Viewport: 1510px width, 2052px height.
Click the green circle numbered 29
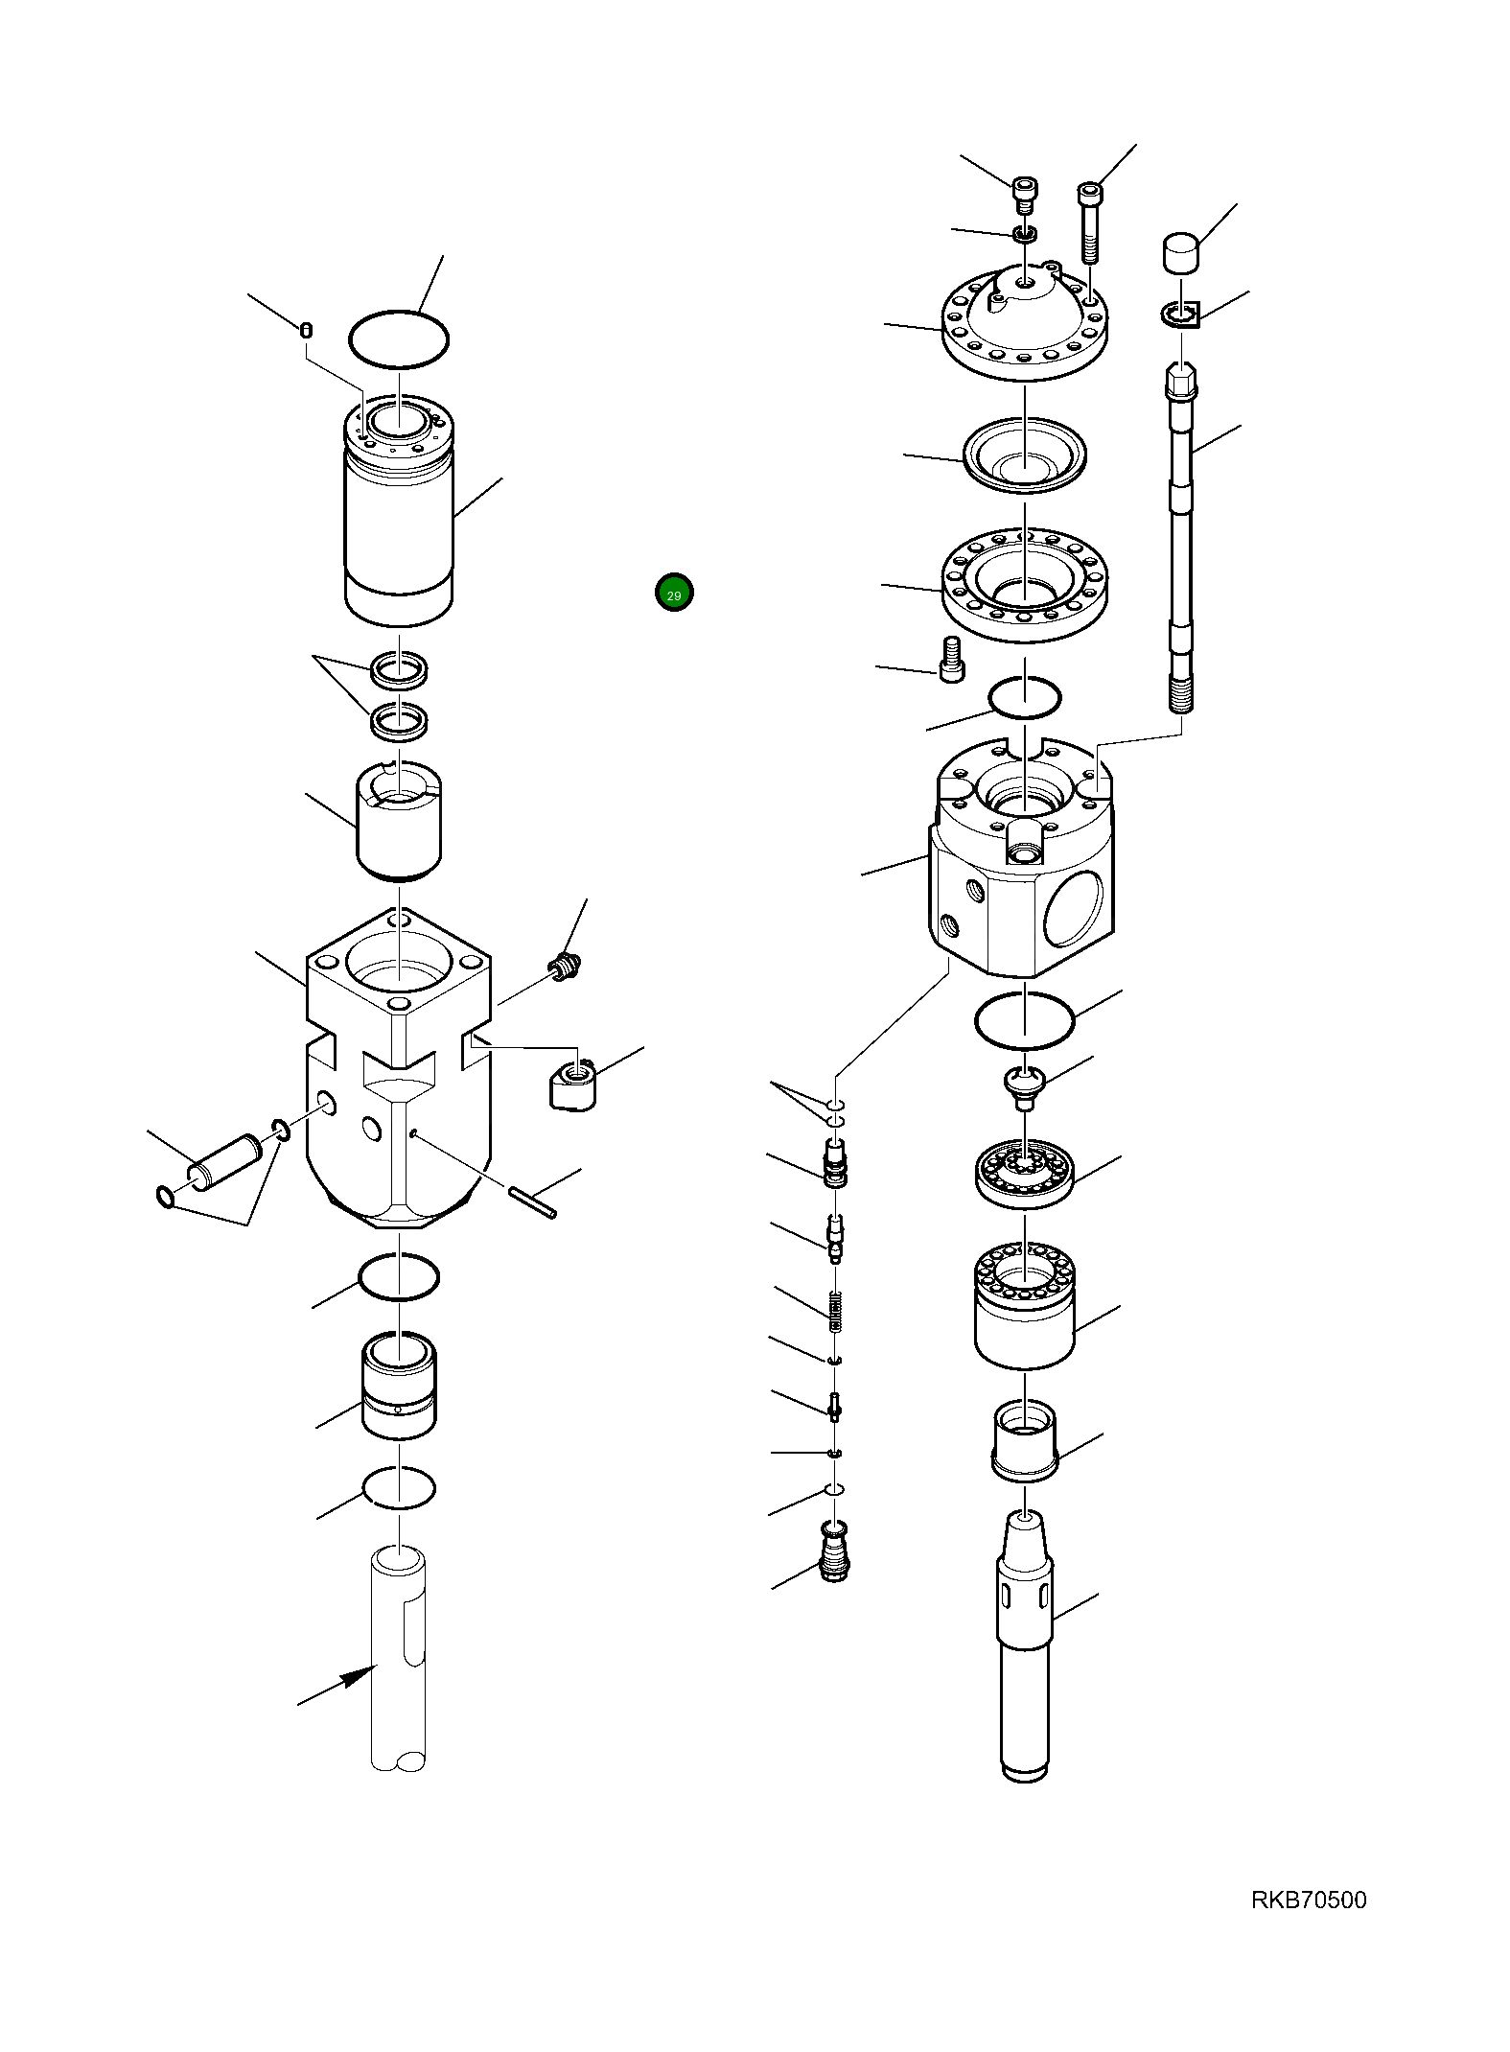coord(674,593)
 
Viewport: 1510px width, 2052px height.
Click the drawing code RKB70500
coord(1309,1900)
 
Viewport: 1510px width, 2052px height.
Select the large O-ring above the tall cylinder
coord(399,338)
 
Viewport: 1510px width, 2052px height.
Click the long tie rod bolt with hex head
coord(1181,538)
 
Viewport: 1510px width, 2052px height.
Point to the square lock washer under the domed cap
coord(1181,314)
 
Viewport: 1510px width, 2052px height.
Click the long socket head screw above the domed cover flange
coord(1091,222)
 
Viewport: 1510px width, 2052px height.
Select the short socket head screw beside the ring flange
coord(951,659)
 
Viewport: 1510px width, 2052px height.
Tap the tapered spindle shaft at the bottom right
coord(1025,1645)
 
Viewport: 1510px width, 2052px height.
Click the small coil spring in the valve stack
coord(836,1311)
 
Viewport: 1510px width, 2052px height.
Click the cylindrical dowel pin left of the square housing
coord(225,1162)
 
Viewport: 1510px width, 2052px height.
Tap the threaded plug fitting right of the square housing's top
coord(566,968)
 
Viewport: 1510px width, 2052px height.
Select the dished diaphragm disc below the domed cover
coord(1024,455)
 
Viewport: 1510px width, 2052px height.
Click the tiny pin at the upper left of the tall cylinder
coord(306,331)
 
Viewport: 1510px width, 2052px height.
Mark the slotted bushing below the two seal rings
coord(399,821)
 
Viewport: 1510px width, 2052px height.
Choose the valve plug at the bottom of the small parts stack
coord(835,1551)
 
